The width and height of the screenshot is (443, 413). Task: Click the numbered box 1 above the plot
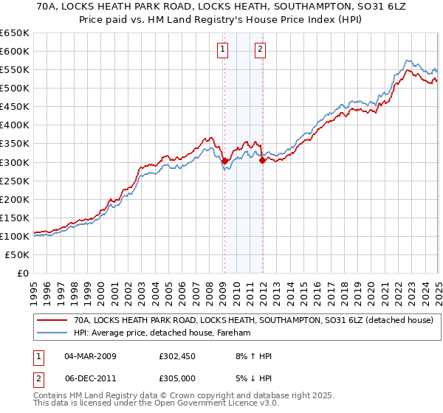tap(222, 49)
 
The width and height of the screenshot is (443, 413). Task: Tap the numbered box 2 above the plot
tap(261, 49)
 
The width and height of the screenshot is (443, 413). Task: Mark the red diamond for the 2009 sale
tap(224, 160)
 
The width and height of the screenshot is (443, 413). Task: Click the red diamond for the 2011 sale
tap(261, 159)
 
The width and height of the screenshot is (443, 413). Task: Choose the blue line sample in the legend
tap(53, 333)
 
